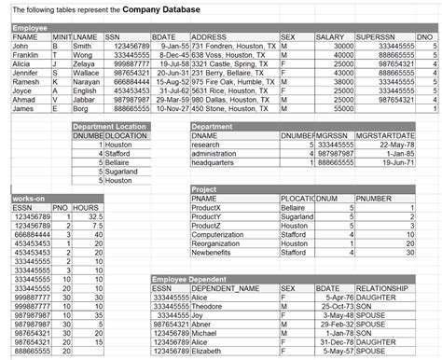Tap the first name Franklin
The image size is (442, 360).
pos(25,54)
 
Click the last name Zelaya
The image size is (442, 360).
pos(85,63)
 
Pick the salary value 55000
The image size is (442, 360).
pos(342,109)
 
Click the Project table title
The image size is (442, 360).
pos(204,189)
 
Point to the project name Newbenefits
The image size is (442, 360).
pos(217,252)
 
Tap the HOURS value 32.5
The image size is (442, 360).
pos(93,216)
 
